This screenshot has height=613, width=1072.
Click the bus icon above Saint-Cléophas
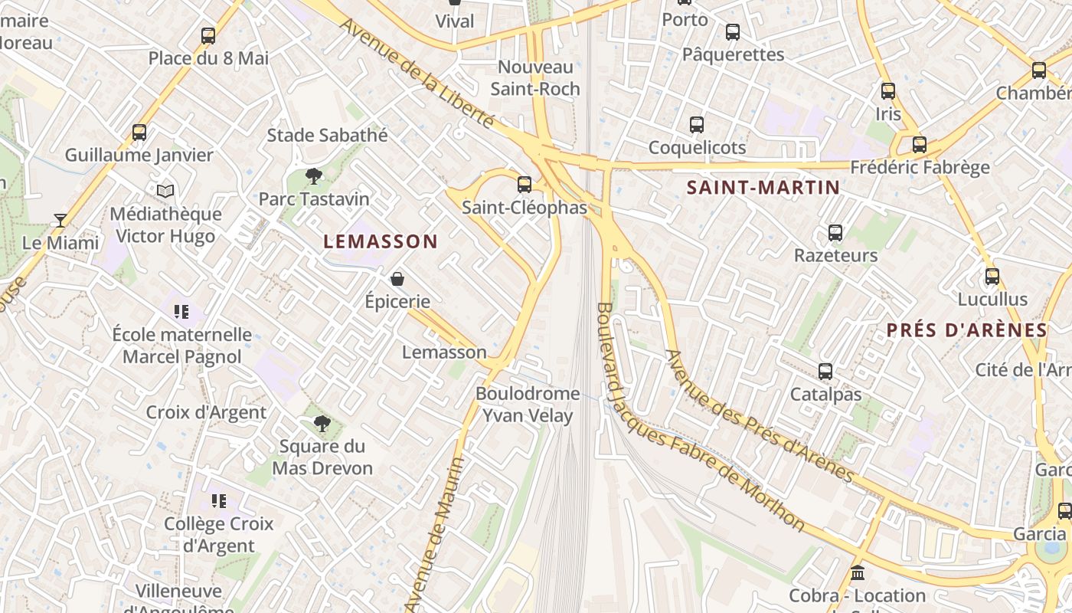click(525, 184)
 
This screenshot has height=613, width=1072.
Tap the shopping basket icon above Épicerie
click(397, 279)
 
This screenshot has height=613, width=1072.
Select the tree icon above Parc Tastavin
click(313, 176)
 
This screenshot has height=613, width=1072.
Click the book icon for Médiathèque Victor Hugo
click(165, 191)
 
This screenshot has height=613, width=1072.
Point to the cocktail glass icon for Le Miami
click(60, 221)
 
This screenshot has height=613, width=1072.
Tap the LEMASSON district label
click(381, 241)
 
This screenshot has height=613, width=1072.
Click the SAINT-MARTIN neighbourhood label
click(763, 187)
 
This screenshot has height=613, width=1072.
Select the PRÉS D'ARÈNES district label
click(966, 330)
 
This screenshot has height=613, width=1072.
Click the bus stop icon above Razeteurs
click(835, 232)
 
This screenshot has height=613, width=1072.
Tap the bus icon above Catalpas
click(825, 372)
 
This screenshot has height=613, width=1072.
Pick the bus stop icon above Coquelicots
click(697, 124)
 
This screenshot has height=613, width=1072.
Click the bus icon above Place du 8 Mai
click(208, 35)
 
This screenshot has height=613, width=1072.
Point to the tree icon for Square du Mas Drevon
click(322, 424)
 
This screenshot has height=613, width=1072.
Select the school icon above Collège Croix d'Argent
click(219, 501)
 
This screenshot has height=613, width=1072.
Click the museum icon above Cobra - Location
click(858, 573)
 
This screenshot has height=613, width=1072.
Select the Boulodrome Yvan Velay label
click(528, 405)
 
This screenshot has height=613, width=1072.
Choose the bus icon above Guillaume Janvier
click(139, 132)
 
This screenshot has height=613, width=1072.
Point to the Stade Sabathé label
click(327, 136)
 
